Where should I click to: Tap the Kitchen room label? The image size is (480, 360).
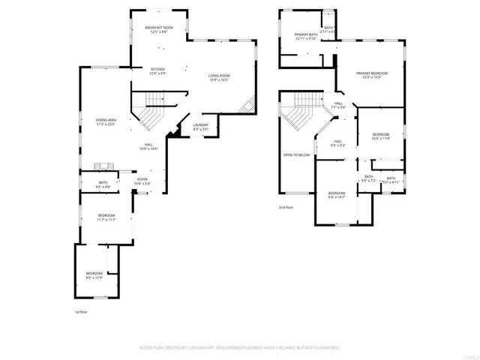pos(157,70)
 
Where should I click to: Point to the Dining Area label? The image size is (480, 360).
pos(106,121)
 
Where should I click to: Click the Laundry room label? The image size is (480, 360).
pos(200,127)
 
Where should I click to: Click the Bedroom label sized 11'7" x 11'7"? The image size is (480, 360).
pos(106,217)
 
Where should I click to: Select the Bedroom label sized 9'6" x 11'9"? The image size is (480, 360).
pos(94,274)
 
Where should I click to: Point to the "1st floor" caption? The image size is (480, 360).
pos(80,311)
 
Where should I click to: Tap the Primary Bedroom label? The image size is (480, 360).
pos(372,75)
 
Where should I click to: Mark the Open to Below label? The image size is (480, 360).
pos(296,155)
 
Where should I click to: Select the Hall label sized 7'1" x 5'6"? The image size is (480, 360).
pos(338,105)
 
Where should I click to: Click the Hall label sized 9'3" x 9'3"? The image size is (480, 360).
pos(338,143)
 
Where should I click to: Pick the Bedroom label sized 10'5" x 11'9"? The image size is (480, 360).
pos(382,136)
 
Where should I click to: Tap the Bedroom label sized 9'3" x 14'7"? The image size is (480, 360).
pos(337,195)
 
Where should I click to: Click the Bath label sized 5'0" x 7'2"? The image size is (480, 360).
pos(368,178)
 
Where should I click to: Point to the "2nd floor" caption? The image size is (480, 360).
pos(286,207)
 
